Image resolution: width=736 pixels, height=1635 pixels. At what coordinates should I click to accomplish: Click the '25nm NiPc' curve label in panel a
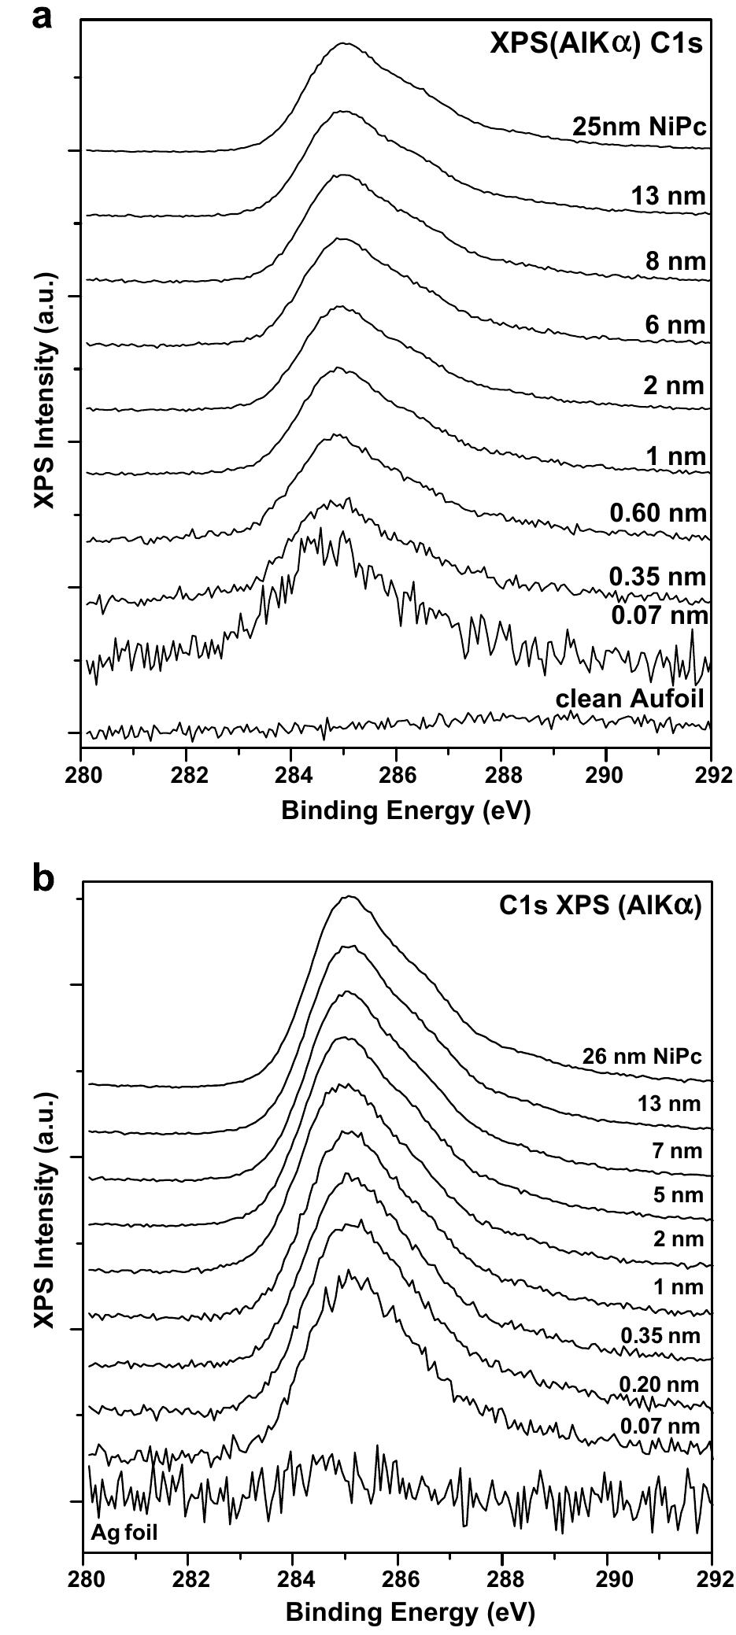[640, 127]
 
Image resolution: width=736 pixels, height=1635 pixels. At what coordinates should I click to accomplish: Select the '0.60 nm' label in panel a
[658, 514]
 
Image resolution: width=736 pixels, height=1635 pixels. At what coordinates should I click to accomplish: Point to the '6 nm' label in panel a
[675, 325]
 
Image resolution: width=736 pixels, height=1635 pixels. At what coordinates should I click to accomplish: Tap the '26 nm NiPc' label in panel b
[642, 1056]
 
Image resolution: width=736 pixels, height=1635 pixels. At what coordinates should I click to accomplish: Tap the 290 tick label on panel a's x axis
[606, 773]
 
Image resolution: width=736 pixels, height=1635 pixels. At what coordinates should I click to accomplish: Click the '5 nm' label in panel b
[674, 1195]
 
